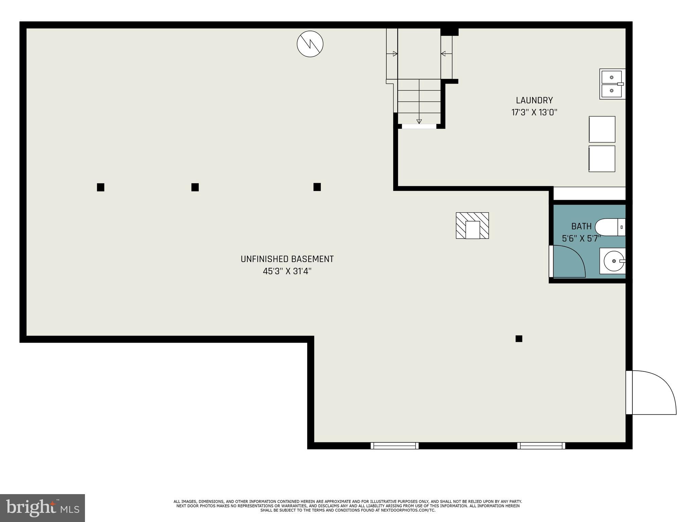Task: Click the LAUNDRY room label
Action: (x=534, y=100)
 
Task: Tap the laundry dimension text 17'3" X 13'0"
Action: (x=534, y=112)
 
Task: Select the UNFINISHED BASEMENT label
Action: (x=287, y=259)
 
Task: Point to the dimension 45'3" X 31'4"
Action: (x=287, y=272)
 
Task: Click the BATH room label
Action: (x=581, y=226)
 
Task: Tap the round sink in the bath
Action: (x=613, y=261)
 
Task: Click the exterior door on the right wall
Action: (x=651, y=393)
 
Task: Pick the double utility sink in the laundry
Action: (x=612, y=84)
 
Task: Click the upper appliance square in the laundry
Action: (x=602, y=129)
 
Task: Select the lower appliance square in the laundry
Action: (x=602, y=159)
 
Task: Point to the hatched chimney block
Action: (x=472, y=226)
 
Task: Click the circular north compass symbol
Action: (x=310, y=44)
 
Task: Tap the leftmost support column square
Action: (x=101, y=187)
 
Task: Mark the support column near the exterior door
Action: (x=519, y=338)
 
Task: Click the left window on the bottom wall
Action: (x=395, y=446)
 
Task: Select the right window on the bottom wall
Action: (x=541, y=446)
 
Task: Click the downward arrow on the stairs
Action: (x=419, y=121)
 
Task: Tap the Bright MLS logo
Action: (x=42, y=508)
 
